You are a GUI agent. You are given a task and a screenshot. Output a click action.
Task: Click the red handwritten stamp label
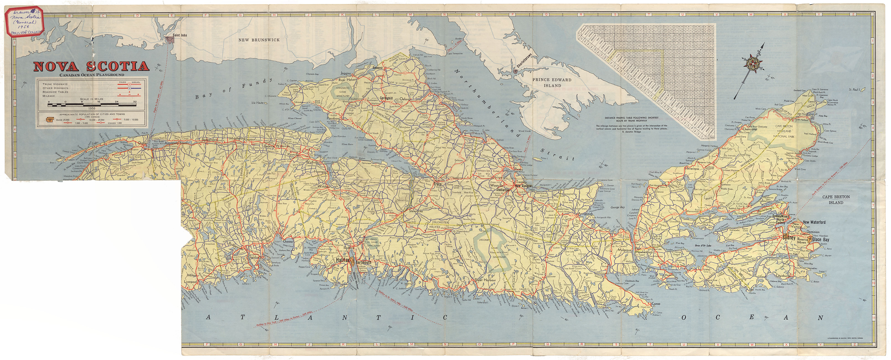click(x=23, y=21)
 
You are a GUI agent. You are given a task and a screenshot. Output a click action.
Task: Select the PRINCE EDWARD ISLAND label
click(x=552, y=82)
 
